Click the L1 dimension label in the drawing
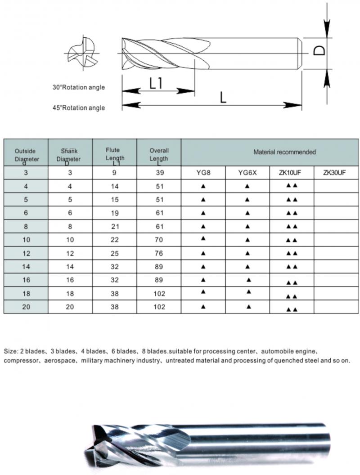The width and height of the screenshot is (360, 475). pyautogui.click(x=155, y=83)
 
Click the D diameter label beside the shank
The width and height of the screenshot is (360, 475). pyautogui.click(x=319, y=49)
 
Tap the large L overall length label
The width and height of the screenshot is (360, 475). pyautogui.click(x=223, y=97)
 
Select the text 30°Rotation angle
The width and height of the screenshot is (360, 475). pyautogui.click(x=78, y=87)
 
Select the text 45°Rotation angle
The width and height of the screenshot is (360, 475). pyautogui.click(x=78, y=108)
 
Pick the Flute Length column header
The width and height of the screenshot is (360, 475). pyautogui.click(x=115, y=153)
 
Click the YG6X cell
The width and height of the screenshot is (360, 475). pyautogui.click(x=247, y=173)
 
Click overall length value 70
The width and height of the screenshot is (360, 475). pyautogui.click(x=159, y=240)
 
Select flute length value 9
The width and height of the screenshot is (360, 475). pyautogui.click(x=114, y=173)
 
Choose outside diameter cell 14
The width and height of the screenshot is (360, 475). pyautogui.click(x=25, y=267)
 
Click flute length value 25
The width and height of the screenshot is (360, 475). pyautogui.click(x=115, y=253)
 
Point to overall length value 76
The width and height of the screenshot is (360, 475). pyautogui.click(x=159, y=253)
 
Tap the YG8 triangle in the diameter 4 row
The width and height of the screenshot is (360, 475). pyautogui.click(x=203, y=186)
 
